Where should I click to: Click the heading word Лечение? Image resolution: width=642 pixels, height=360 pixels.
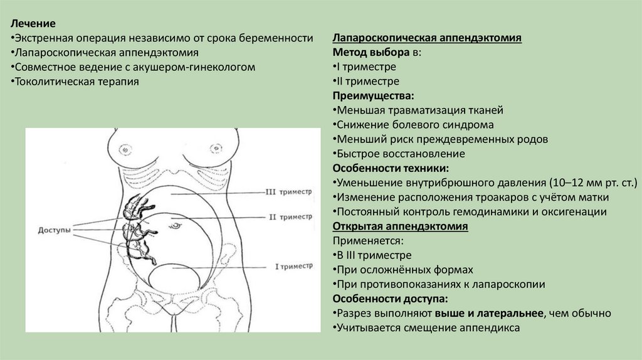tap(33, 24)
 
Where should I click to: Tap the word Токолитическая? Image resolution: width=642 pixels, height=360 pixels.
tap(54, 82)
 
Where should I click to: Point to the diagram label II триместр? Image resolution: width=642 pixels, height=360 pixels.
tap(290, 217)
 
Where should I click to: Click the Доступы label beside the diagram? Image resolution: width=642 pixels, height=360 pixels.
tap(55, 230)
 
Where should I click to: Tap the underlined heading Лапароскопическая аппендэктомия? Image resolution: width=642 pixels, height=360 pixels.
tap(428, 38)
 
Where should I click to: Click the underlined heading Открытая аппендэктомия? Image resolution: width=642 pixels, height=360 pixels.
tap(400, 226)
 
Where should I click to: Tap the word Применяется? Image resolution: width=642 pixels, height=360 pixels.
tap(367, 240)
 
